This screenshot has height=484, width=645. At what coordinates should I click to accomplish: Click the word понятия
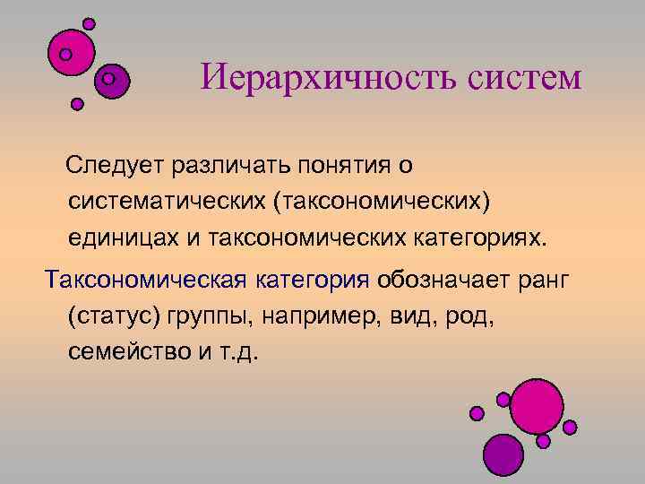344,166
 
